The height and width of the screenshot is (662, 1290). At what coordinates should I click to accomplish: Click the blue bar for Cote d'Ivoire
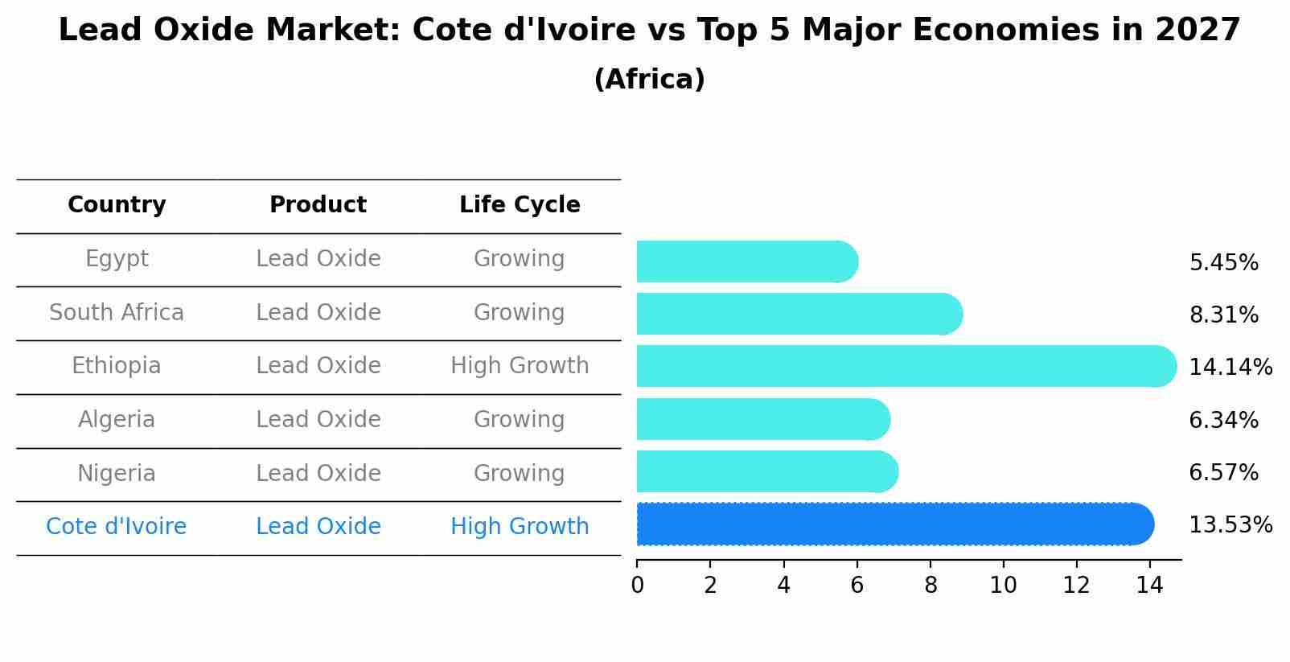coord(893,524)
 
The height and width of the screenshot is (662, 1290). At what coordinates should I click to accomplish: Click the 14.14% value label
coord(1230,368)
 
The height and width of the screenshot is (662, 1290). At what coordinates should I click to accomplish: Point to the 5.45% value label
coord(1223,263)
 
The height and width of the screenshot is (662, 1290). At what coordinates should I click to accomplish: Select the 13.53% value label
coord(1230,525)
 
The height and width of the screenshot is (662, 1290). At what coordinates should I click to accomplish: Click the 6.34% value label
coord(1223,420)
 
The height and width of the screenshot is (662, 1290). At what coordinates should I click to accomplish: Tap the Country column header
coord(117,205)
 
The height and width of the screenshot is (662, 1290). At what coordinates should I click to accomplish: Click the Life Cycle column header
coord(520,205)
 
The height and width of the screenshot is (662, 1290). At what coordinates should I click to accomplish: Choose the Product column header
coord(318,205)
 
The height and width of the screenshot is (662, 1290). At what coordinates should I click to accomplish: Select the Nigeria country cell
coord(117,473)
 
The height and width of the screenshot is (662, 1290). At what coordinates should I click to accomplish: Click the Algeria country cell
coord(117,419)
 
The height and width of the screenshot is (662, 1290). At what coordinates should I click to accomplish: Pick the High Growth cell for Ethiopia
coord(520,366)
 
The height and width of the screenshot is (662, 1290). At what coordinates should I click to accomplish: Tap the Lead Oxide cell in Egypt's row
coord(318,259)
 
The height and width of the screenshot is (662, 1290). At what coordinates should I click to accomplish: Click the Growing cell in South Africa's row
coord(520,312)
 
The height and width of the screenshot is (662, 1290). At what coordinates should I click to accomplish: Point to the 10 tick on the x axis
coord(1003,586)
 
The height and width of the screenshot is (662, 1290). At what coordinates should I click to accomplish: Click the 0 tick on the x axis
coord(637,586)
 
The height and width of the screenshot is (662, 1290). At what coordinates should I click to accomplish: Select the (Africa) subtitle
coord(649,80)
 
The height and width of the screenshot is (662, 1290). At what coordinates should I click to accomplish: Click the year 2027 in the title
coord(1198,31)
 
